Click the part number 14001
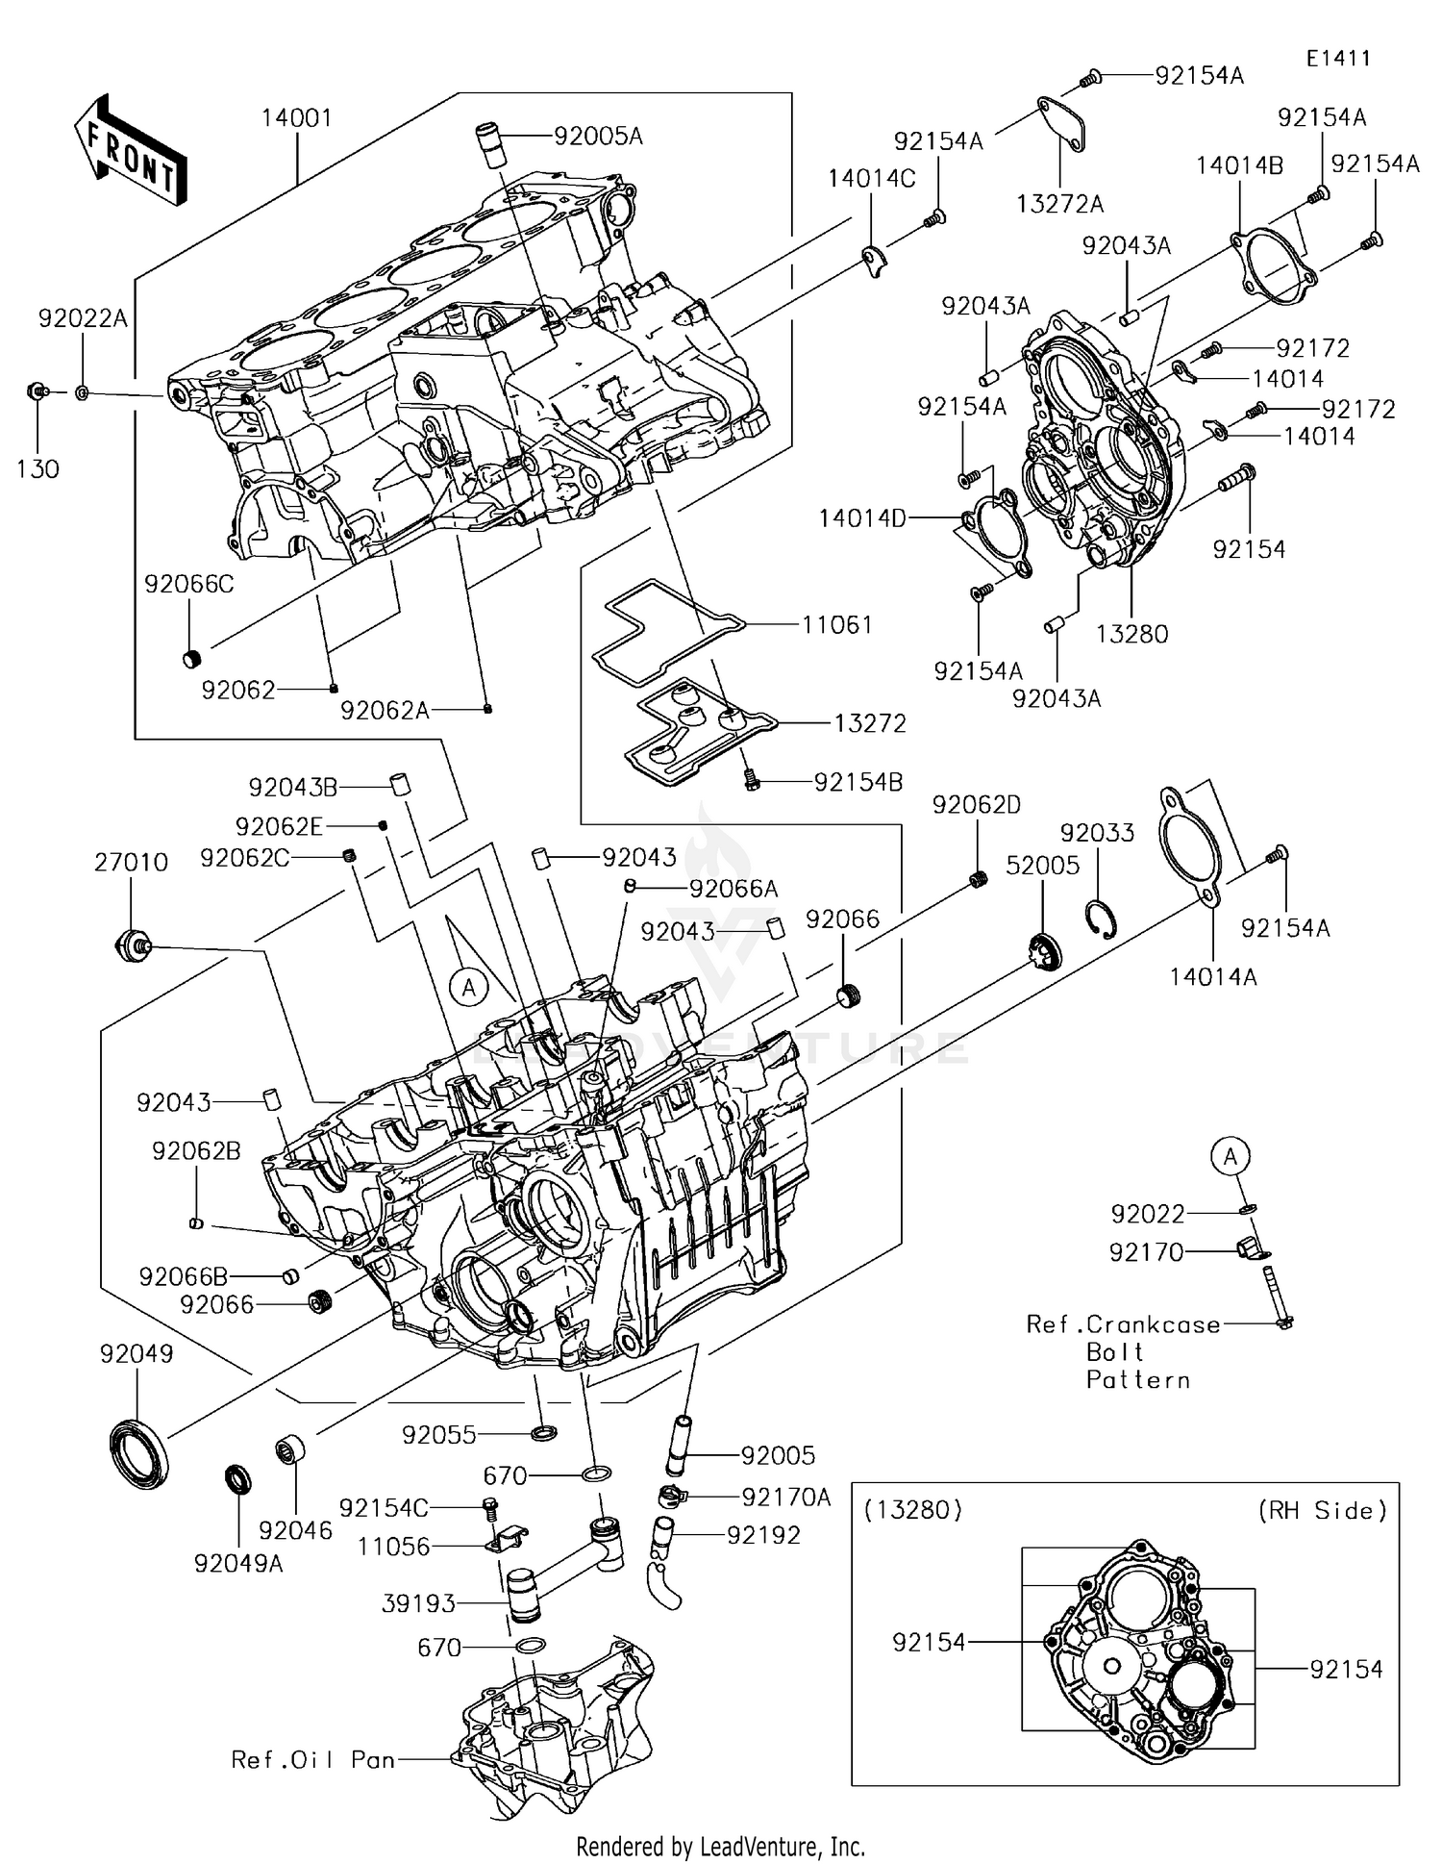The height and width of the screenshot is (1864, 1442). (296, 118)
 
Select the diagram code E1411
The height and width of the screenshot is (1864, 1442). (1338, 58)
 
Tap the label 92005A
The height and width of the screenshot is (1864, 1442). (598, 137)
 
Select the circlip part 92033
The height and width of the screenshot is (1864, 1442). (1102, 919)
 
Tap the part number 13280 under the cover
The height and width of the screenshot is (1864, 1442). (1131, 634)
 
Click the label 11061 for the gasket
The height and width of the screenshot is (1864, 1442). (836, 625)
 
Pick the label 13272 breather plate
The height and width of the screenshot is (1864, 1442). (869, 723)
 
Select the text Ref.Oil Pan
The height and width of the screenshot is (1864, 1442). (313, 1760)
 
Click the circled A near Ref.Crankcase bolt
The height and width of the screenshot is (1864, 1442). (1231, 1156)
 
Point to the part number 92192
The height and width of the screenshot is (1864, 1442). (763, 1536)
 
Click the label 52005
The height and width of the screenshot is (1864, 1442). (1042, 866)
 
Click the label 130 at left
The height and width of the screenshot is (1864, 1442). (38, 469)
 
